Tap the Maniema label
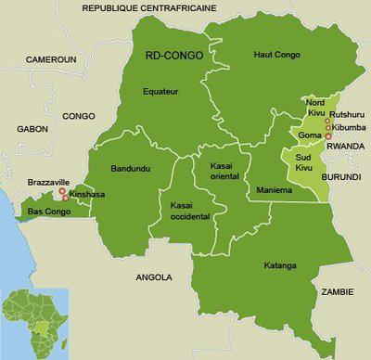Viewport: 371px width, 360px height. click(x=274, y=190)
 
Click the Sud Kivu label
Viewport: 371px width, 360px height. click(x=307, y=164)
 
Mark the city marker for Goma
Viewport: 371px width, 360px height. click(x=328, y=136)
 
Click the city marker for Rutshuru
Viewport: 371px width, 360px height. click(x=327, y=120)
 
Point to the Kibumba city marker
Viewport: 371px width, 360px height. click(x=328, y=128)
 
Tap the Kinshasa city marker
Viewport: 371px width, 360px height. click(x=65, y=197)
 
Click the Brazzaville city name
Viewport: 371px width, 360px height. click(x=44, y=183)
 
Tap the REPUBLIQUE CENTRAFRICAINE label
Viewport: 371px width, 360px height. click(x=148, y=7)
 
